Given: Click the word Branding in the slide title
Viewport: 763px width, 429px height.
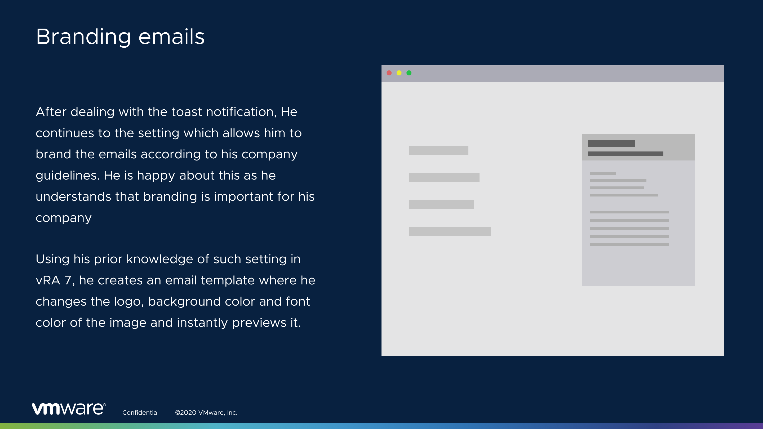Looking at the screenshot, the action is tap(83, 37).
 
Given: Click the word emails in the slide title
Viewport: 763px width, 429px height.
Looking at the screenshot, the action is tap(171, 37).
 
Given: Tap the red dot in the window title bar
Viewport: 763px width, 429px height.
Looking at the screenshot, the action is tap(389, 73).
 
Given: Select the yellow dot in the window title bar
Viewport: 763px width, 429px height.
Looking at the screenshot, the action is tap(399, 73).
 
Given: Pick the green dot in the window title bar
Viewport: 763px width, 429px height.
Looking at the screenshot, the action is tap(409, 73).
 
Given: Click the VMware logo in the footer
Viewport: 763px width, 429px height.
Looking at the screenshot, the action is tap(69, 409).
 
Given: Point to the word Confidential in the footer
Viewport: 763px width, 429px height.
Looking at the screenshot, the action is tap(140, 412).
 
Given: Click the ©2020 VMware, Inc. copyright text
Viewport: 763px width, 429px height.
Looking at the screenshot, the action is tap(206, 412).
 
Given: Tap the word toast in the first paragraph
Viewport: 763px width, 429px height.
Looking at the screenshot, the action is tap(187, 112).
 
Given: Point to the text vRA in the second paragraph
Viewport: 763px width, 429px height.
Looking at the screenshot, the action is tap(48, 280).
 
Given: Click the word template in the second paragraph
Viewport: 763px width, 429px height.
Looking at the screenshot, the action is tap(228, 281).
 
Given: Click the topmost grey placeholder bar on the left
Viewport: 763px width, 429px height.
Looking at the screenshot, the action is tap(439, 150).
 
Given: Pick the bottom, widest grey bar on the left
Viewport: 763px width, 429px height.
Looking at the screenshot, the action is tap(450, 231).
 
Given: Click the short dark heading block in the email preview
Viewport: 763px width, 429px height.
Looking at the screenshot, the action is tap(612, 144).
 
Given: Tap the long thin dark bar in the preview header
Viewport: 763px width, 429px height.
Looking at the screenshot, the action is tap(626, 154).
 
